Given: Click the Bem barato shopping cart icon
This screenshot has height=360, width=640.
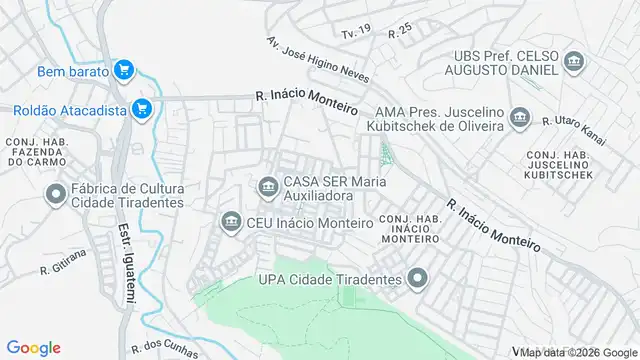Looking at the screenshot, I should click(124, 70).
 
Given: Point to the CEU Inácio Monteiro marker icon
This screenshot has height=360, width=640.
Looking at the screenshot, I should click(231, 221).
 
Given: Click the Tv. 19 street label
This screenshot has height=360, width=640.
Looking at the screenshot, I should click(356, 33).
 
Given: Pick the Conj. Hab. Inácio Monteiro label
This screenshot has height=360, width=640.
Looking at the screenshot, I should click(408, 229).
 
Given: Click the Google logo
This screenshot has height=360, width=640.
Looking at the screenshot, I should click(34, 347).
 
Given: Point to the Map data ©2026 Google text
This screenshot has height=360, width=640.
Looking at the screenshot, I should click(578, 352).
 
